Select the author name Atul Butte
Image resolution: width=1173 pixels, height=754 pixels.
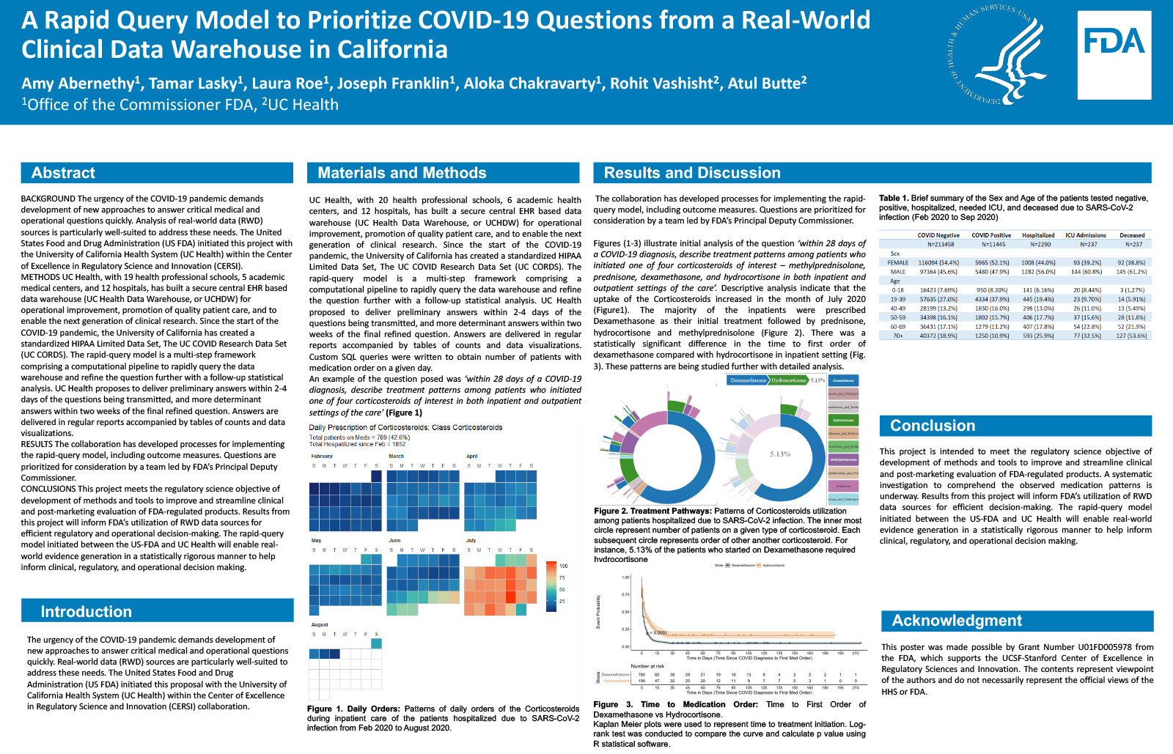pyautogui.click(x=767, y=84)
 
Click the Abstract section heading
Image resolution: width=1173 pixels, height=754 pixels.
pyautogui.click(x=64, y=173)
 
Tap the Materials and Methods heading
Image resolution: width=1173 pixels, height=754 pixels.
pyautogui.click(x=402, y=173)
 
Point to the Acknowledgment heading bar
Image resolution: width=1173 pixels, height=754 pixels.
pyautogui.click(x=957, y=621)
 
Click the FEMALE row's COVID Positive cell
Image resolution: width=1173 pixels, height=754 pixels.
pyautogui.click(x=991, y=262)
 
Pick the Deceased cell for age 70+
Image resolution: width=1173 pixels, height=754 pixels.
pyautogui.click(x=1131, y=336)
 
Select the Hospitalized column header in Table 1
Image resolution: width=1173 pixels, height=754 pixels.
pyautogui.click(x=1038, y=235)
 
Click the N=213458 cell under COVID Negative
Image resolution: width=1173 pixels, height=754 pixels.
pyautogui.click(x=941, y=244)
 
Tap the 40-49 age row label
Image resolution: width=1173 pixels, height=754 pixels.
pyautogui.click(x=898, y=308)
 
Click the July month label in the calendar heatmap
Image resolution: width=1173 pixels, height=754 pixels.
pyautogui.click(x=471, y=540)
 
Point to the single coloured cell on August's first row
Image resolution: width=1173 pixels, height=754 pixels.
pyautogui.click(x=376, y=643)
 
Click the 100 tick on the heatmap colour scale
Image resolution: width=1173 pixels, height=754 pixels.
pyautogui.click(x=564, y=566)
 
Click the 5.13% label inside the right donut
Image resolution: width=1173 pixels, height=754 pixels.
pyautogui.click(x=780, y=454)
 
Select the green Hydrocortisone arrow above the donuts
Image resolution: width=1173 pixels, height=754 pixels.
pyautogui.click(x=789, y=380)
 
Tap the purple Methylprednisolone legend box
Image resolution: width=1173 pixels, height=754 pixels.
pyautogui.click(x=843, y=459)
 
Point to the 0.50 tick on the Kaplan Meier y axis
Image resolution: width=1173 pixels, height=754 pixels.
pyautogui.click(x=625, y=612)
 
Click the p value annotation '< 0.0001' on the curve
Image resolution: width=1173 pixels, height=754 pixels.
pyautogui.click(x=659, y=632)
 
